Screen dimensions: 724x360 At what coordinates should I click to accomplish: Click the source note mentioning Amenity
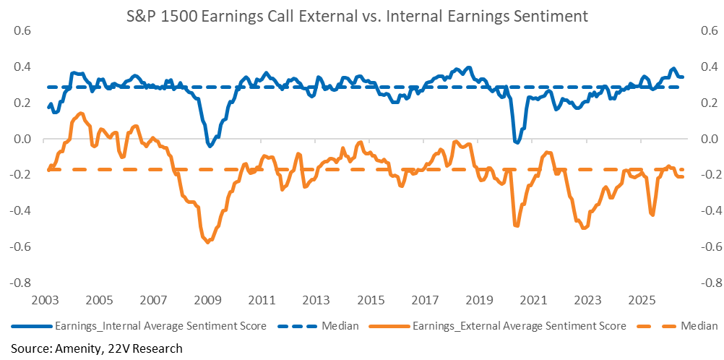click(96, 348)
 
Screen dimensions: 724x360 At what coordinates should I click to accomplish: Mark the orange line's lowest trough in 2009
click(208, 241)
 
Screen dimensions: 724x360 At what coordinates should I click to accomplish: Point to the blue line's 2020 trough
click(517, 142)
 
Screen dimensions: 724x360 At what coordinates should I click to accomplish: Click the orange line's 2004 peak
click(81, 113)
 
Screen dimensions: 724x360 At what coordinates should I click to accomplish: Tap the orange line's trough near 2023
click(584, 228)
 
